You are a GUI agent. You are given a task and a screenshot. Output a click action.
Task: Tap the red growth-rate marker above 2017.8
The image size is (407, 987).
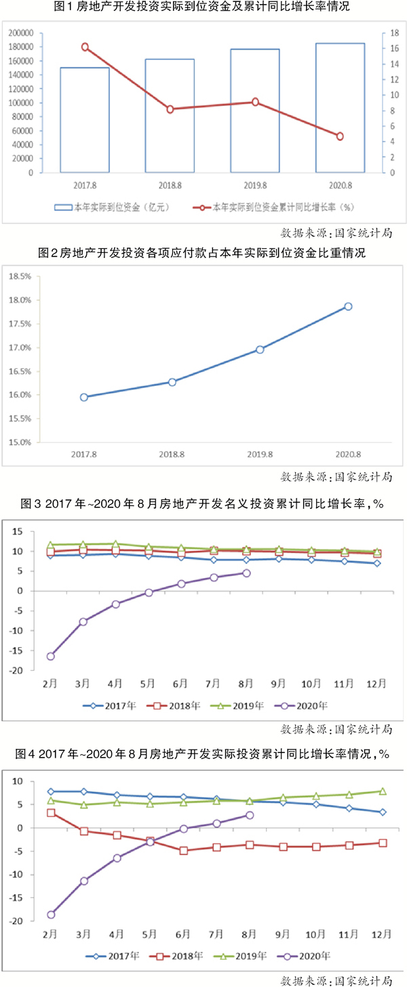pos(85,47)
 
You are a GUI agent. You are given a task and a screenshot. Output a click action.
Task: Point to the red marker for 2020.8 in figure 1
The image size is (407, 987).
pos(340,136)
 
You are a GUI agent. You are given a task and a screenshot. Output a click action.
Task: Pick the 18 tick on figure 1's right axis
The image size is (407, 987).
pos(383,33)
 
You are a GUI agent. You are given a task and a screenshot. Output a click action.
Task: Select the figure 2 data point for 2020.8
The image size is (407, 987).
pos(348,307)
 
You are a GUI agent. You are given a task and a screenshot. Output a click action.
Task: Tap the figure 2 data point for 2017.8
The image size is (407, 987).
pos(84,398)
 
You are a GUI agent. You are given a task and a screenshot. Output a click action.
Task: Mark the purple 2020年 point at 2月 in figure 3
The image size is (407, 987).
pos(51,656)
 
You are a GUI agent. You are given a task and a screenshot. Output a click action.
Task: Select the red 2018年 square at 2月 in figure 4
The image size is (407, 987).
pos(51,813)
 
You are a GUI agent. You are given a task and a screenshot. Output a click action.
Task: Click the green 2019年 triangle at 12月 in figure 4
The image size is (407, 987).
pos(383,791)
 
